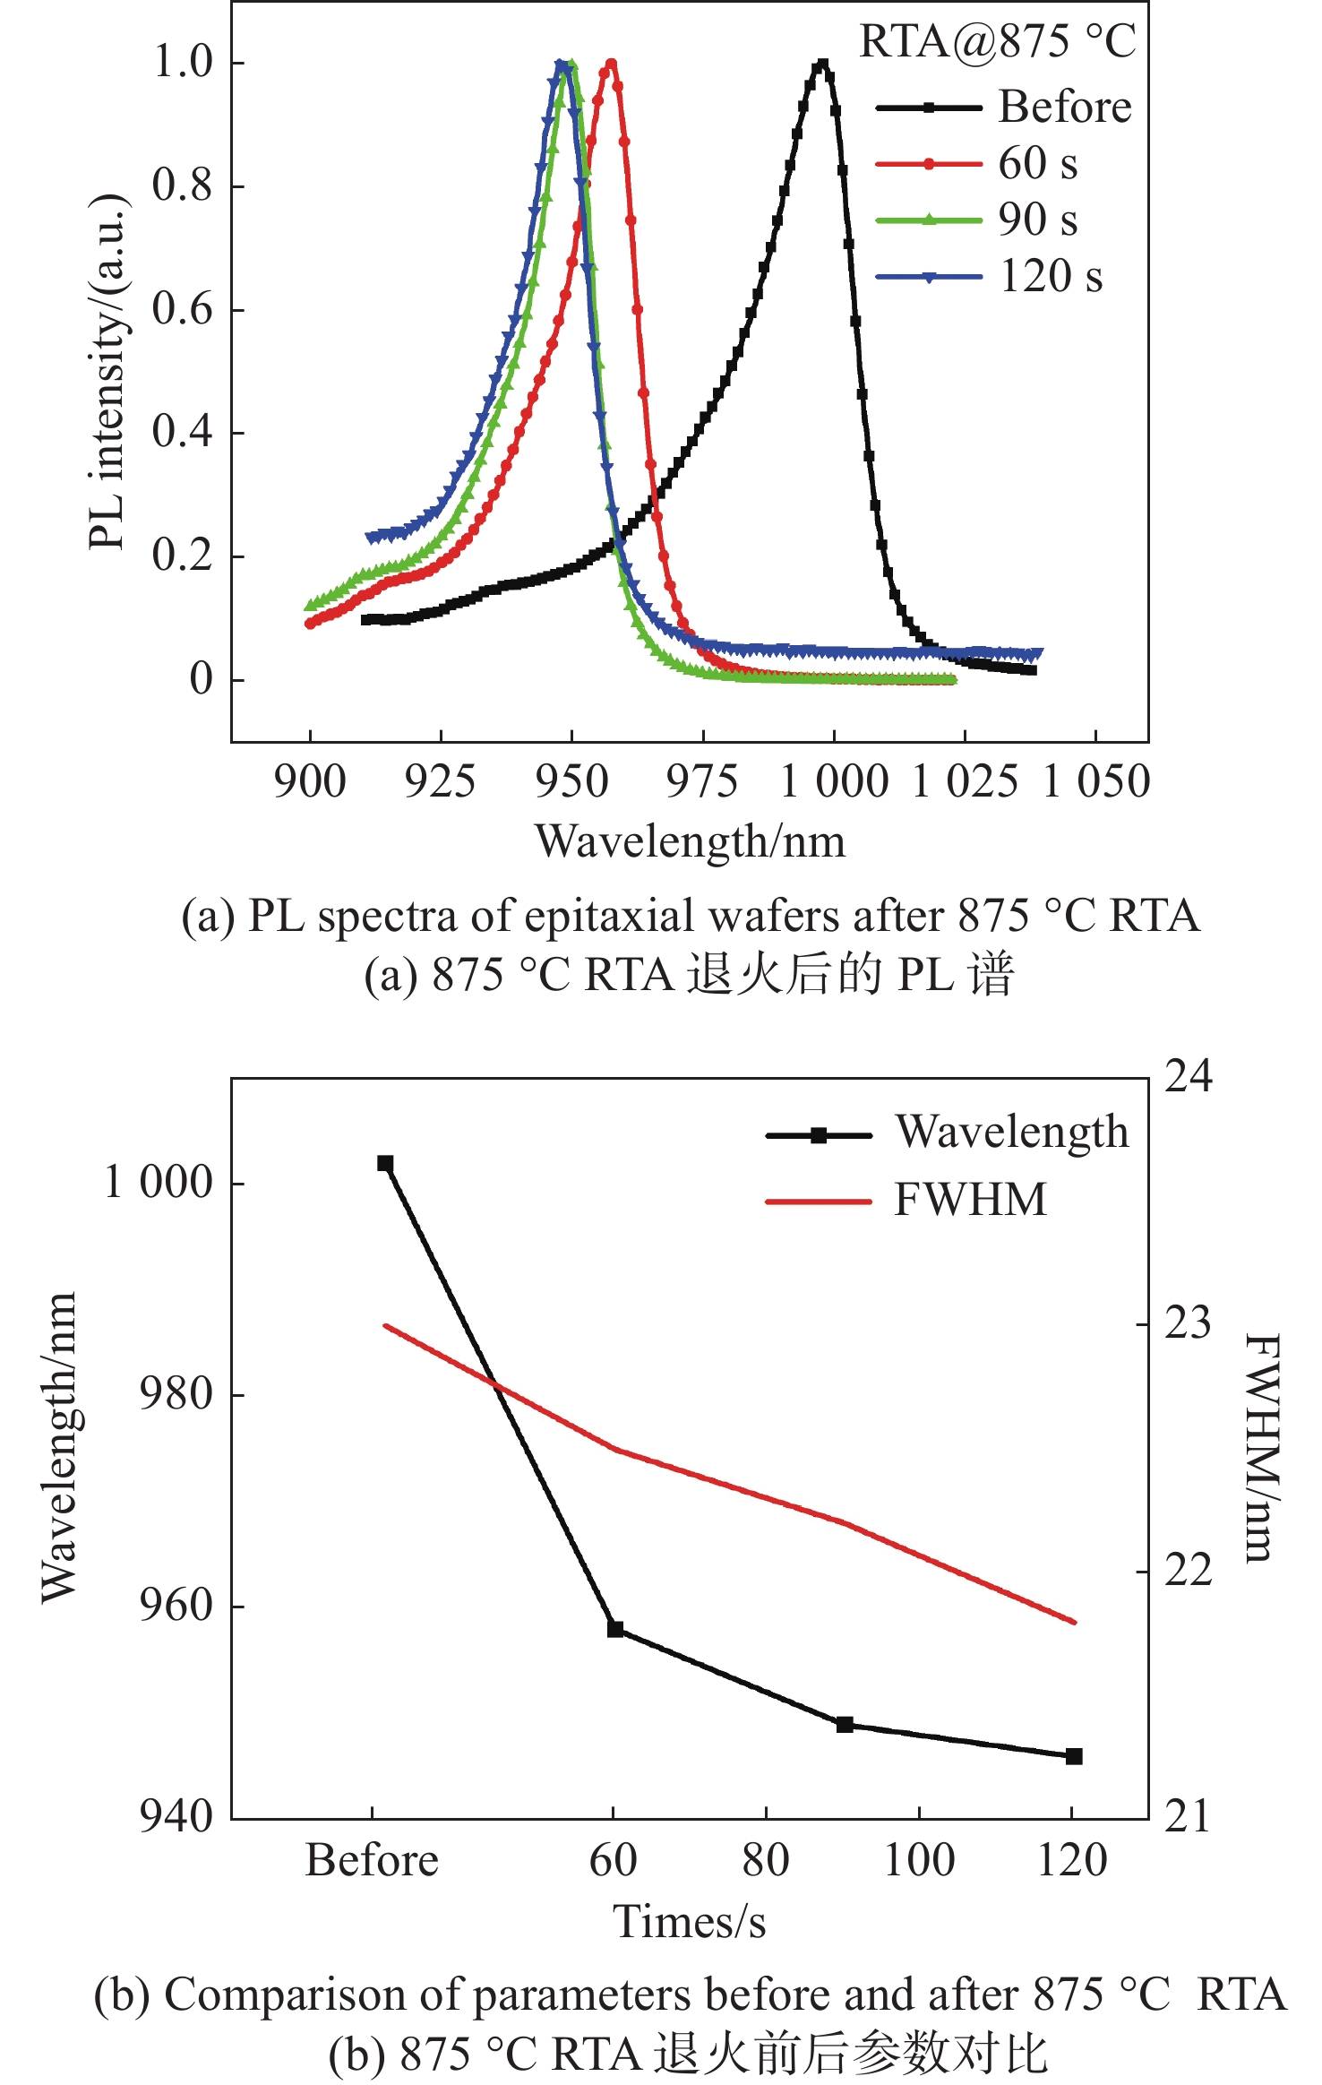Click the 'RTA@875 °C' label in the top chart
pos(997,42)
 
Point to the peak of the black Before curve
pos(822,65)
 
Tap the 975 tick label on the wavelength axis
pos(702,781)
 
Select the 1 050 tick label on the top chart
pos(1096,781)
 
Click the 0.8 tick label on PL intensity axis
pos(182,185)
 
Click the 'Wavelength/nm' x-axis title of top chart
pos(690,842)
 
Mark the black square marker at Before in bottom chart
pos(385,1163)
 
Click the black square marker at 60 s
pos(615,1629)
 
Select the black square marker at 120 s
pos(1074,1756)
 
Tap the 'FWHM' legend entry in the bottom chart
pos(970,1200)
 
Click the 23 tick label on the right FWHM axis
pos(1187,1323)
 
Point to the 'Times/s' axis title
pos(690,1923)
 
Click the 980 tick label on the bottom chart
pos(176,1394)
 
